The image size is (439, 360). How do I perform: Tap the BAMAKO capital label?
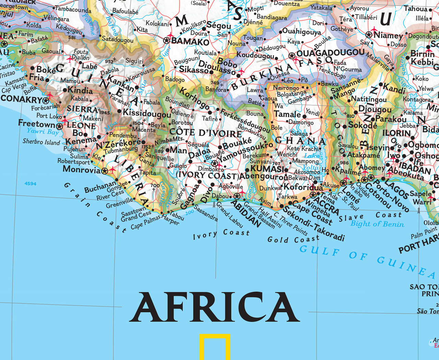[x=190, y=42]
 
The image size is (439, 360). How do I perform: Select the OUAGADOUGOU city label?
[x=330, y=53]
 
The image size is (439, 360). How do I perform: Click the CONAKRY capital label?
[x=21, y=99]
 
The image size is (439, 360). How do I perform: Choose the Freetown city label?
[x=37, y=123]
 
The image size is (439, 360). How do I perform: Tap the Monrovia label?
[x=82, y=169]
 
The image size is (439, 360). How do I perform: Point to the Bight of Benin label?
[x=377, y=224]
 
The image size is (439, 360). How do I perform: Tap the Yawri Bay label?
[x=43, y=131]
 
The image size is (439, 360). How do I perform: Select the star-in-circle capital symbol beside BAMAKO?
[x=167, y=40]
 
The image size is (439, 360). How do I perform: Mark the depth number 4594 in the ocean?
[x=30, y=184]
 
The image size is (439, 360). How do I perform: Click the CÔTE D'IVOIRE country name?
[x=206, y=132]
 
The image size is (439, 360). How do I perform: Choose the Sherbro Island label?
[x=41, y=141]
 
